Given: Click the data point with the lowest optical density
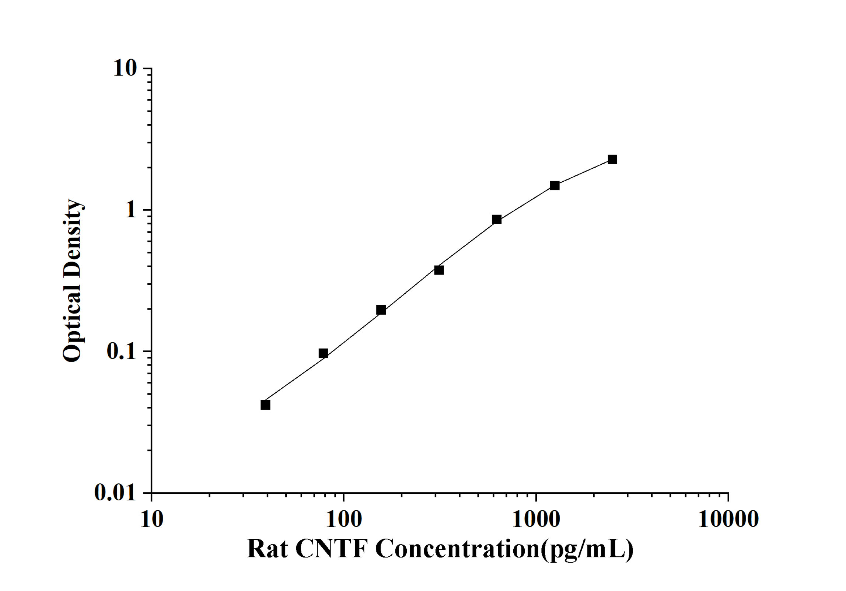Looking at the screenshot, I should point(265,405).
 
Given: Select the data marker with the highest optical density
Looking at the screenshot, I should point(612,160).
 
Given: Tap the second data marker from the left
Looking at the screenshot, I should point(323,353).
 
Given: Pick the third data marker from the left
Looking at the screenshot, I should point(381,310).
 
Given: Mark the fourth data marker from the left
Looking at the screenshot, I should point(439,270).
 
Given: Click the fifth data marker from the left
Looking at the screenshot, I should point(497,220).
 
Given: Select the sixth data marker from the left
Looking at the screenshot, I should point(555,185).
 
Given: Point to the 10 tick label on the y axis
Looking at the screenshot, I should point(125,68).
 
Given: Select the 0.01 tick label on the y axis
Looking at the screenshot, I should point(115,492).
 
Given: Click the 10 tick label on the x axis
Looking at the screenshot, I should point(151,520).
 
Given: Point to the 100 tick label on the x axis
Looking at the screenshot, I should point(344,520).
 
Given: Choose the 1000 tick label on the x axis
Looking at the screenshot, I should point(536,520).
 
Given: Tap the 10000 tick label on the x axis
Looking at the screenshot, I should point(728,520).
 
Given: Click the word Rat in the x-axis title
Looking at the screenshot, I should point(267,549).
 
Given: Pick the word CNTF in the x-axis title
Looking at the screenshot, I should point(332,549).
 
